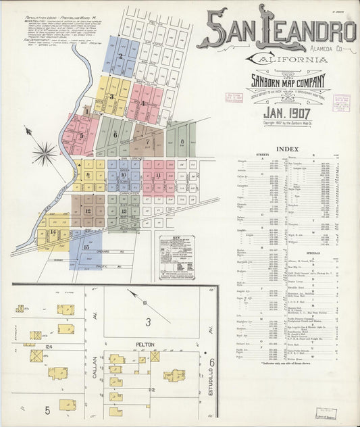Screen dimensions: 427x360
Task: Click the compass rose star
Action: (x=45, y=153)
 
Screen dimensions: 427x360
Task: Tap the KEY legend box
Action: (x=181, y=257)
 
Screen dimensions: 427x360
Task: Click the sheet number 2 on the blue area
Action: (x=120, y=57)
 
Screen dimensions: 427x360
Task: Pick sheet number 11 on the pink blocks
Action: (x=158, y=175)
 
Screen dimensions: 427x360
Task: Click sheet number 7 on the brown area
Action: (x=147, y=142)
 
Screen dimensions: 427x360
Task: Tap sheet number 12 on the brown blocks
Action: (x=88, y=210)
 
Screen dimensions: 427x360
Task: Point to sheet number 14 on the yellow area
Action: (x=53, y=232)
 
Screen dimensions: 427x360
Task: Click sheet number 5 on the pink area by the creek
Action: (x=82, y=134)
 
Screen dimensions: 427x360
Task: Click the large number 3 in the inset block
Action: (x=148, y=322)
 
